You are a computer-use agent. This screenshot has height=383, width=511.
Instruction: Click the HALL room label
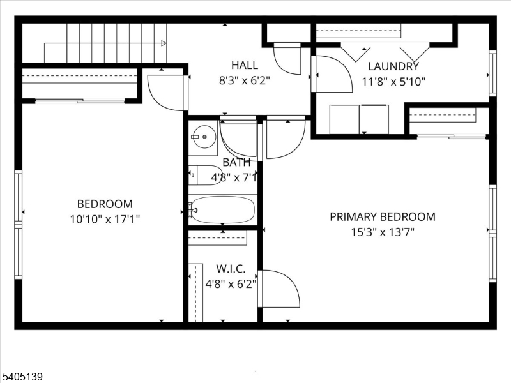point(245,65)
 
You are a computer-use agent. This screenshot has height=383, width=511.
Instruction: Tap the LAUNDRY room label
point(393,66)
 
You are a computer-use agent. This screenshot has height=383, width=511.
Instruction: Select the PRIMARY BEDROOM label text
point(382,217)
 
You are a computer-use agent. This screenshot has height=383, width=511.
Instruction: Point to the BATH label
point(236,162)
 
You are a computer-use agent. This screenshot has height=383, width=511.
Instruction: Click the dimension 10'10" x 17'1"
point(105,219)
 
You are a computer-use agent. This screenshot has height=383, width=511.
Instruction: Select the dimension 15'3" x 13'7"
point(382,232)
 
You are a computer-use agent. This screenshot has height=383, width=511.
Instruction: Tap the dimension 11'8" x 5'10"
point(393,81)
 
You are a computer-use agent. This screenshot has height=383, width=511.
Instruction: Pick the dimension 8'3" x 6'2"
point(245,80)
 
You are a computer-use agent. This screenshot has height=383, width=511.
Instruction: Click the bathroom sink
point(204,135)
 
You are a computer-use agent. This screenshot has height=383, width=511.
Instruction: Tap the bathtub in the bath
point(222,209)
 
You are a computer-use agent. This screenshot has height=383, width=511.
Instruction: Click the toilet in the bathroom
point(204,174)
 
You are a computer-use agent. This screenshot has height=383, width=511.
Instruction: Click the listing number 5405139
point(23,377)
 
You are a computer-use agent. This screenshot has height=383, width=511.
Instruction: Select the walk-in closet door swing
point(280,289)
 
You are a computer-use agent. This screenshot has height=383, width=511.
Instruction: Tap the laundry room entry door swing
point(332,74)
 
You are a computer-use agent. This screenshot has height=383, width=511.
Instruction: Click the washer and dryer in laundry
point(358,119)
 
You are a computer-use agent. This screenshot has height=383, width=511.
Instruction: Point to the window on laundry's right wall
point(492,73)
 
